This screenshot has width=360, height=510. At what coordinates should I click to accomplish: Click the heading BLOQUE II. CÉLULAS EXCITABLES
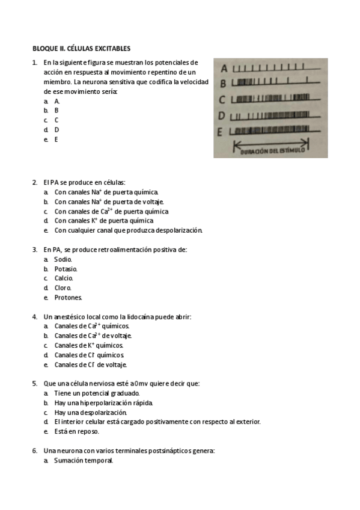tap(81, 48)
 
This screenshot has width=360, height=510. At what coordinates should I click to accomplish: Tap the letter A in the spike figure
tap(223, 68)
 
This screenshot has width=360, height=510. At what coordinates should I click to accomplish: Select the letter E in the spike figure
tap(221, 131)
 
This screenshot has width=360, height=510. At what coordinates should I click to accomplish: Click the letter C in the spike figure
tap(222, 100)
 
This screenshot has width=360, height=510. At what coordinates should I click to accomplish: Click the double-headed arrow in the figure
tap(270, 144)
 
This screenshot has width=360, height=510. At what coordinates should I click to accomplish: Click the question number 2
tap(34, 182)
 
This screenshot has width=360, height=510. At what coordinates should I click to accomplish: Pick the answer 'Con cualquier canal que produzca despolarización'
tap(128, 230)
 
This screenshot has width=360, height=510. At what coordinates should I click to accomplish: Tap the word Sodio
tap(63, 259)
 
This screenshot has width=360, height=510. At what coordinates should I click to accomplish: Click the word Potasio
tap(66, 269)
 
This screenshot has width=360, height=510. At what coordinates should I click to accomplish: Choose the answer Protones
tap(68, 298)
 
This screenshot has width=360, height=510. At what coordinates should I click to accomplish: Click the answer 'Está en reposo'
tap(76, 431)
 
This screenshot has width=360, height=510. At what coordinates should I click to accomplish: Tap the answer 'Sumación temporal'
tap(83, 461)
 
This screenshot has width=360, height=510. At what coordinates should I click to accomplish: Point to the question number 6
tap(34, 450)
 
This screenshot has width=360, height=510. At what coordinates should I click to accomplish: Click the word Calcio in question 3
tap(64, 278)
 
